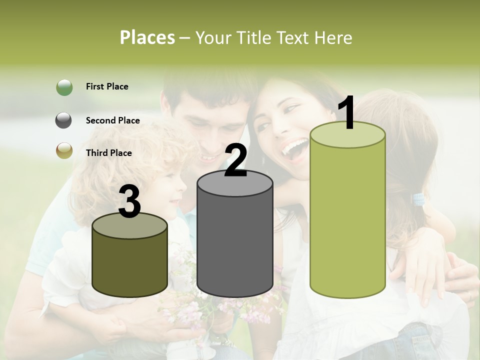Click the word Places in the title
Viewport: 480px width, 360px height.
coord(147,37)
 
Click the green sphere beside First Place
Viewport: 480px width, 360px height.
coord(64,87)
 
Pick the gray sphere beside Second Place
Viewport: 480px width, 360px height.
coord(64,120)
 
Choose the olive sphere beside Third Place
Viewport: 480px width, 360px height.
coord(64,150)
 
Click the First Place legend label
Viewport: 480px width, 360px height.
coord(107,86)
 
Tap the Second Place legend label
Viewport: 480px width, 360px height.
coord(112,120)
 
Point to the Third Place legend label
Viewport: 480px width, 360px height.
coord(109,153)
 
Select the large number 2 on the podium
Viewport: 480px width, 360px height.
coord(235,160)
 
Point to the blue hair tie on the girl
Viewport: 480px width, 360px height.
coord(418,200)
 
